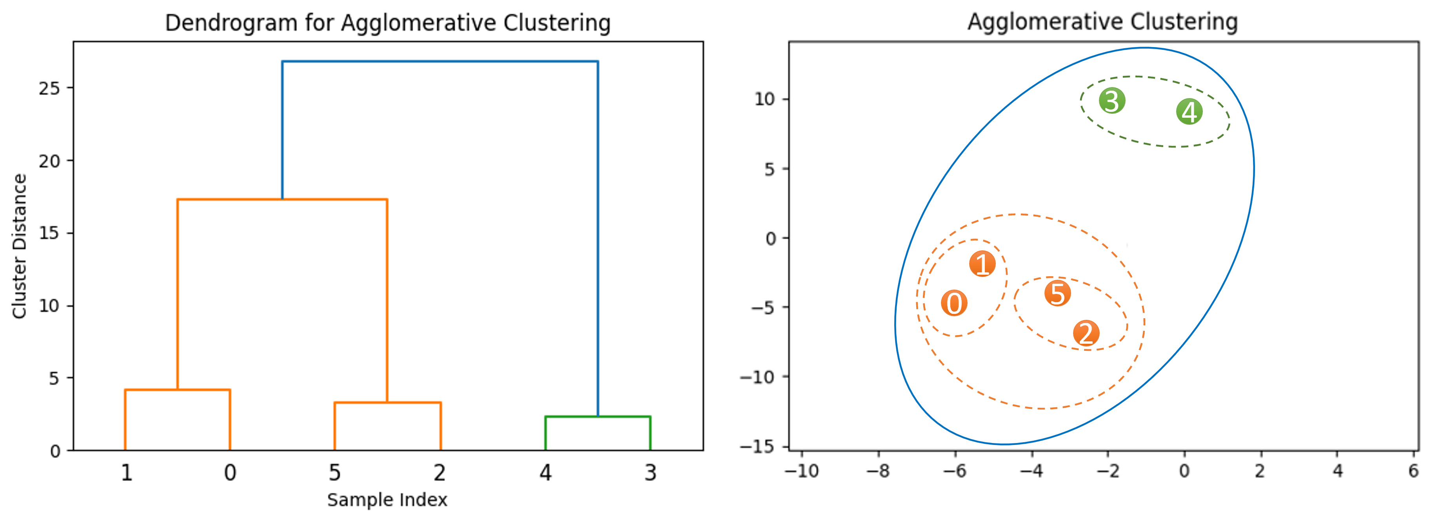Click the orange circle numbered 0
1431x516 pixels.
pyautogui.click(x=954, y=303)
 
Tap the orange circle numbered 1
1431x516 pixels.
pyautogui.click(x=982, y=264)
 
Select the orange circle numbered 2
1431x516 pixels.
pyautogui.click(x=1086, y=333)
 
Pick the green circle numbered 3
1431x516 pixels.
pyautogui.click(x=1111, y=100)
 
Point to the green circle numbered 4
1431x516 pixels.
pyautogui.click(x=1189, y=112)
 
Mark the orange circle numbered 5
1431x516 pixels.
pyautogui.click(x=1057, y=294)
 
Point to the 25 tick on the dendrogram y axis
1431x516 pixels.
pyautogui.click(x=49, y=88)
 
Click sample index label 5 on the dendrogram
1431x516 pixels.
pyautogui.click(x=334, y=472)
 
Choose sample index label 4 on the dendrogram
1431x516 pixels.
pyautogui.click(x=545, y=472)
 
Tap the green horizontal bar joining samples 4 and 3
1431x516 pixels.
pyautogui.click(x=598, y=416)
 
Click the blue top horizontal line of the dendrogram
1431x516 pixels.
pyautogui.click(x=440, y=62)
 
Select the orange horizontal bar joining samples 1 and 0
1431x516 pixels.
pyautogui.click(x=177, y=390)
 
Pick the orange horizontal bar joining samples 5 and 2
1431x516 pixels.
pyautogui.click(x=387, y=403)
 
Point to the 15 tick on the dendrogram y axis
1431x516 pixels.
pyautogui.click(x=49, y=233)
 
